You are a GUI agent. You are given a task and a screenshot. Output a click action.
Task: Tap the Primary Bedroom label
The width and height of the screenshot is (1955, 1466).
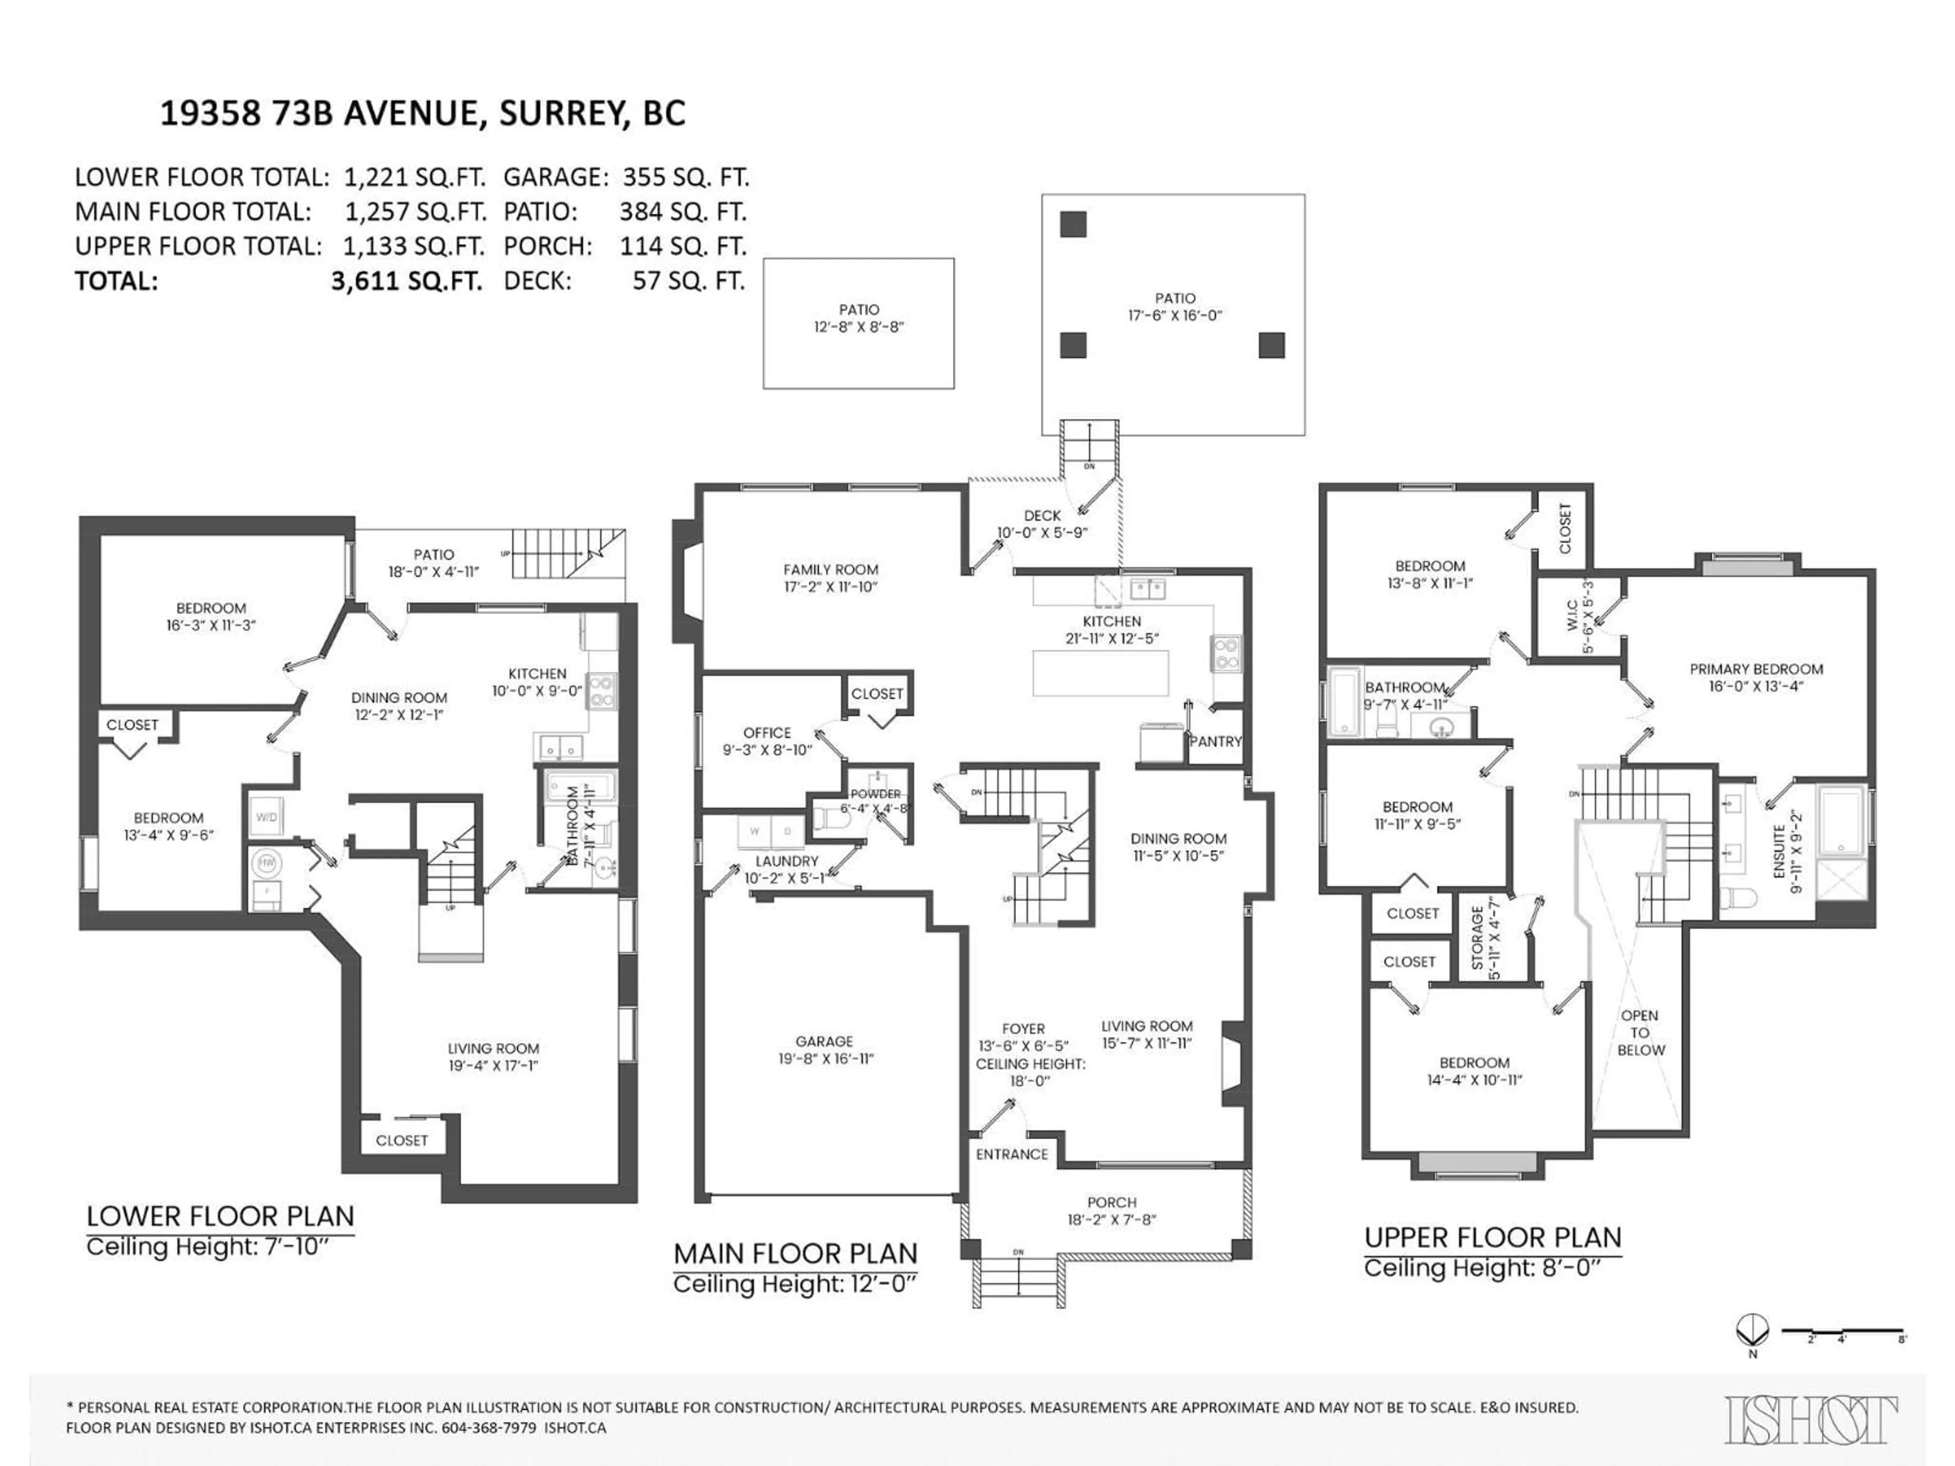tap(1756, 669)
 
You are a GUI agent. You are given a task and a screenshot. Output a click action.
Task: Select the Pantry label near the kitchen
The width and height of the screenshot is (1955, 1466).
tap(1215, 741)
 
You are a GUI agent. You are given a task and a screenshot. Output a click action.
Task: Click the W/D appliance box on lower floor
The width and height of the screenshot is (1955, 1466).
tap(266, 817)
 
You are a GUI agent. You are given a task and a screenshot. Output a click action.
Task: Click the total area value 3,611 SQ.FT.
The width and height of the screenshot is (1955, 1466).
tap(407, 281)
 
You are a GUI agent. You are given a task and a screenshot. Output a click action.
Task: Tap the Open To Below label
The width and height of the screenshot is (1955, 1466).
tap(1640, 1032)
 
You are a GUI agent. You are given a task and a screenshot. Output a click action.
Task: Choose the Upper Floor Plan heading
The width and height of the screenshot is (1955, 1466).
tap(1493, 1237)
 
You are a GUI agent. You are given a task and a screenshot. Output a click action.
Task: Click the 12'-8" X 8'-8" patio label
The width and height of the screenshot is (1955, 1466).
tap(858, 326)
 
